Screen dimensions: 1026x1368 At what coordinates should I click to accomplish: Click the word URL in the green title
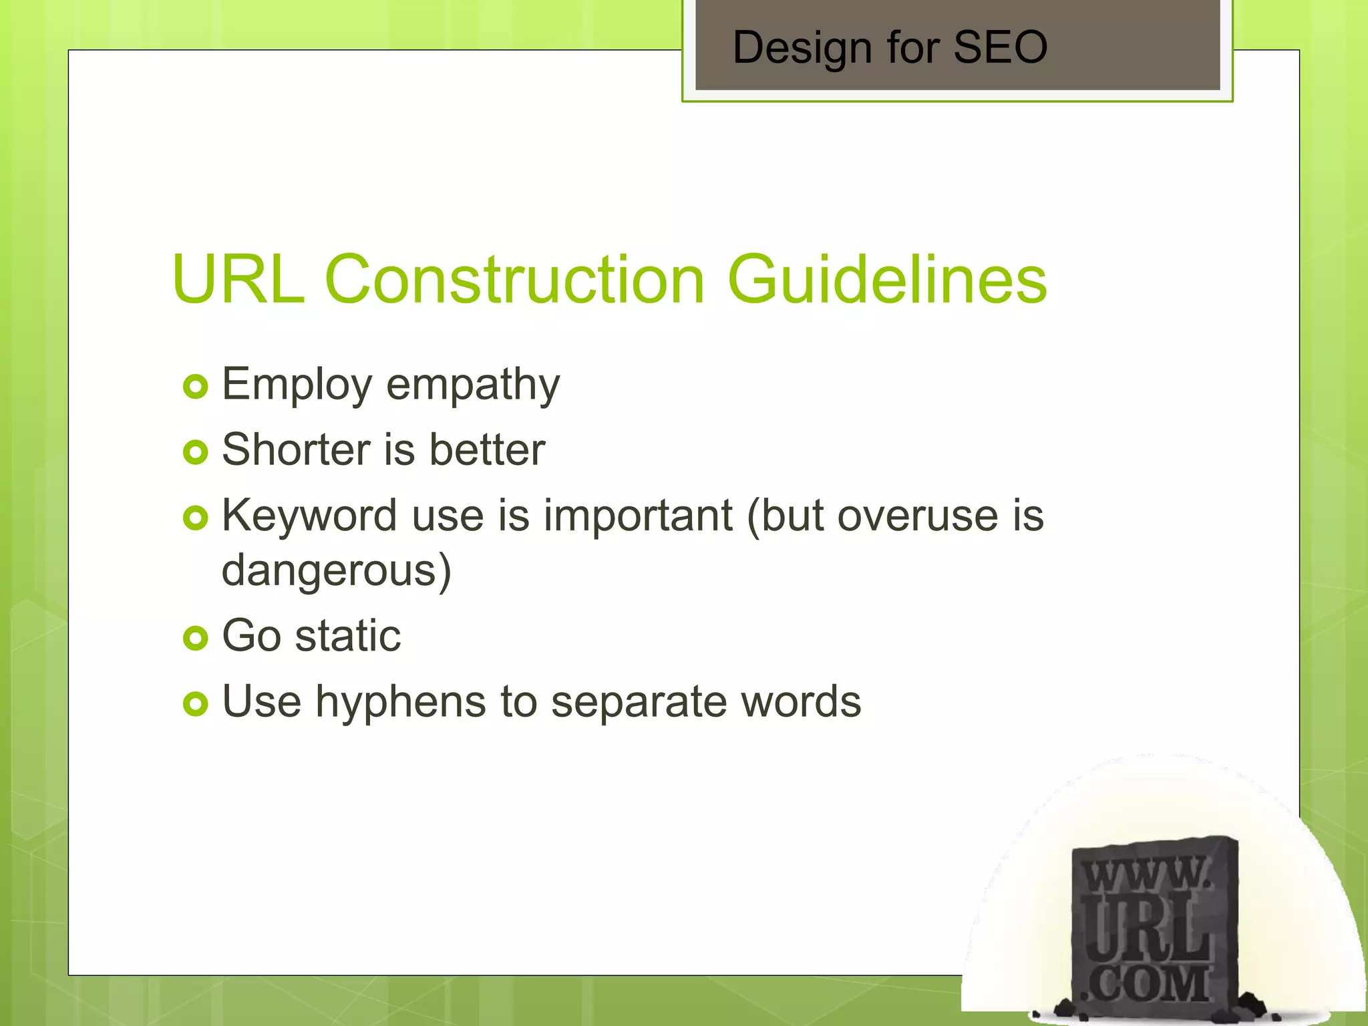coord(238,279)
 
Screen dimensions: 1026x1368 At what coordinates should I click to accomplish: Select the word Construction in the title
coord(514,279)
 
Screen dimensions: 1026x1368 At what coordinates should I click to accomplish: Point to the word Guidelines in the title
coord(887,279)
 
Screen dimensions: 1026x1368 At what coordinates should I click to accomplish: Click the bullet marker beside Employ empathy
coord(195,387)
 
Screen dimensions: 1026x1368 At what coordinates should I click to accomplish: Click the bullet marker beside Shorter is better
coord(195,452)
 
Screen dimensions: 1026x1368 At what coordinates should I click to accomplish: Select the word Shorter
coord(295,450)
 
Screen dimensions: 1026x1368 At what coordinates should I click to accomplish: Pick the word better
coord(487,450)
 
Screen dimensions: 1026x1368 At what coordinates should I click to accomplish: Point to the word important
coord(638,516)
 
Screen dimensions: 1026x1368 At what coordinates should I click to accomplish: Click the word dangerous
coord(336,571)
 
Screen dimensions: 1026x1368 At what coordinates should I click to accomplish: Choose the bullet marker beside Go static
coord(195,639)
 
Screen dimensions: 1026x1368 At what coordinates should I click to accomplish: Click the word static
coord(348,636)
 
